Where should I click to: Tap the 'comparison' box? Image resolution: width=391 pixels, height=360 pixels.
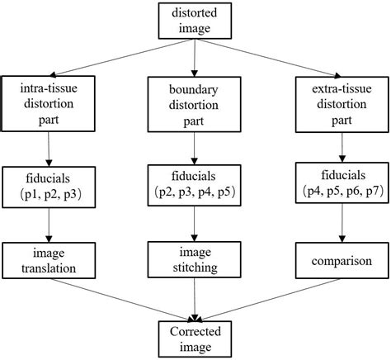[x=339, y=261]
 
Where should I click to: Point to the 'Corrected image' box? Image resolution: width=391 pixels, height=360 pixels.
[x=195, y=339]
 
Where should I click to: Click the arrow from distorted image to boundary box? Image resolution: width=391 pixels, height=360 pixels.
[x=195, y=59]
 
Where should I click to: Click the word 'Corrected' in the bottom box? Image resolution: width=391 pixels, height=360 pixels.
[x=195, y=331]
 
